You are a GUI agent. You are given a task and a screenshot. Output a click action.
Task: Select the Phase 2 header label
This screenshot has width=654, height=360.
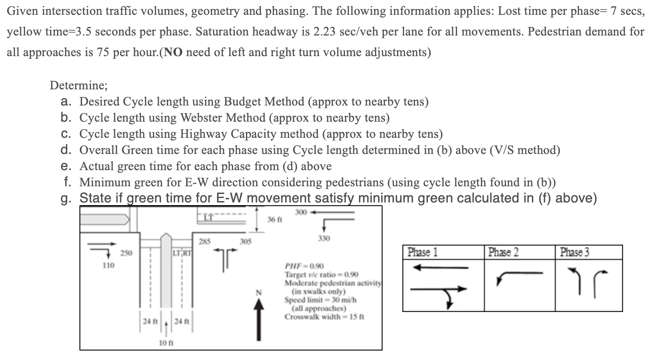coord(503,252)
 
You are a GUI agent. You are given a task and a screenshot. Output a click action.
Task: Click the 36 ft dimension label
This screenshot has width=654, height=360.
coord(274,220)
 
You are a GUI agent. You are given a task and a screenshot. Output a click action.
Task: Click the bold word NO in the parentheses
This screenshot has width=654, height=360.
coord(174,53)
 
